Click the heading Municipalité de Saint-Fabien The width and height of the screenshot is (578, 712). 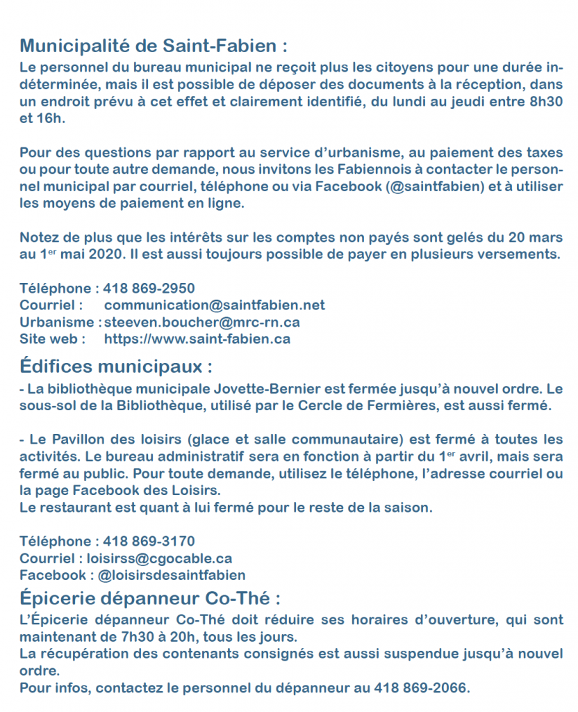(153, 47)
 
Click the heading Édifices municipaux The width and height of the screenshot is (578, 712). (115, 366)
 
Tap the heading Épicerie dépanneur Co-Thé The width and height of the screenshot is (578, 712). (149, 599)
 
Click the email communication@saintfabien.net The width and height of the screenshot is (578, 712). (214, 305)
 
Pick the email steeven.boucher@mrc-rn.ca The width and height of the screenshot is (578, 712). (201, 323)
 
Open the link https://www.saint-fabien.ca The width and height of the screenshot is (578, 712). (197, 339)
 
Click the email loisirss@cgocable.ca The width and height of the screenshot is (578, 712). (159, 558)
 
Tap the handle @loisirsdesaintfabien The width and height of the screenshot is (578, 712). (172, 575)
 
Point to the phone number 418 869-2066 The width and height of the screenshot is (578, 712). (421, 688)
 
